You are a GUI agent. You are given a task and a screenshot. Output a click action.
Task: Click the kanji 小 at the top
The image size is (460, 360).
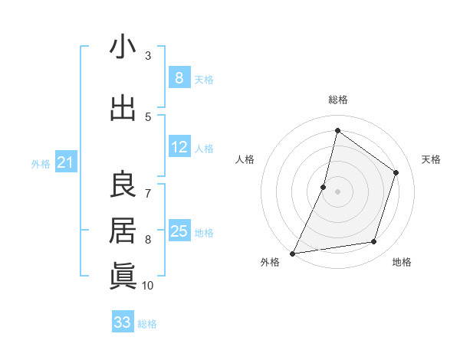coord(123,47)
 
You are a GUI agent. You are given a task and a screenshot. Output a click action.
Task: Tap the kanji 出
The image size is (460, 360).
coord(123,108)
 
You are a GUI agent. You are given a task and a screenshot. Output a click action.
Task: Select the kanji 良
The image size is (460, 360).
coord(123,184)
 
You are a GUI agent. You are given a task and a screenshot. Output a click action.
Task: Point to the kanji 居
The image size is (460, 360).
coord(123,230)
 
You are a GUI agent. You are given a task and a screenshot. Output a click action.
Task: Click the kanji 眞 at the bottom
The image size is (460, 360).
coord(123,275)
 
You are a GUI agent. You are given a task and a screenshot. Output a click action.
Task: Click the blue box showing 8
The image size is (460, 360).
coord(179,77)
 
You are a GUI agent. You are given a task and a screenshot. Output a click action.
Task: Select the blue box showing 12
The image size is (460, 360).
coord(179,148)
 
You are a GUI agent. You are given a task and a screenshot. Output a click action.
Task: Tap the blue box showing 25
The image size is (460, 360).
coord(179,231)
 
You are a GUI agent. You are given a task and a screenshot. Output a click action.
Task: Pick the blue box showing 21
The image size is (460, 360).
coord(65,162)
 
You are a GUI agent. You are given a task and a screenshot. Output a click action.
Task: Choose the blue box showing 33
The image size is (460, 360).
coord(123,322)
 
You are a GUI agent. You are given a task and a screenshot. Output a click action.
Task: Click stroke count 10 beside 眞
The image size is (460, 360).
coord(148,286)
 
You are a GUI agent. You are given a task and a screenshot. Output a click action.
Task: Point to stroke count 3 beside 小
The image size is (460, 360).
coord(148,56)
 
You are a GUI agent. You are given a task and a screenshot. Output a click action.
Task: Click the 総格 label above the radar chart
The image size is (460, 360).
coord(337,100)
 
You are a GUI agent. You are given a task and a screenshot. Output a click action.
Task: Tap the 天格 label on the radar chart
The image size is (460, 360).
coord(432,159)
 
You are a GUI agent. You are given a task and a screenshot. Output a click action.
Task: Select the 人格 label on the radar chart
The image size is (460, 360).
coord(245,159)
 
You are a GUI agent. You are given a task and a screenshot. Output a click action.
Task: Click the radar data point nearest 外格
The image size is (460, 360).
coord(292,253)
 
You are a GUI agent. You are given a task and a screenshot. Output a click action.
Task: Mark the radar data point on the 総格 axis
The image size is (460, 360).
coord(337,131)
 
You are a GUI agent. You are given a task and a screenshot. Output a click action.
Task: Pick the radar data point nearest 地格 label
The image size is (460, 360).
coord(374,242)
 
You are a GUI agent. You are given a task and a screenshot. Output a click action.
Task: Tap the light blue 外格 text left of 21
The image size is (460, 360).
coord(41,163)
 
